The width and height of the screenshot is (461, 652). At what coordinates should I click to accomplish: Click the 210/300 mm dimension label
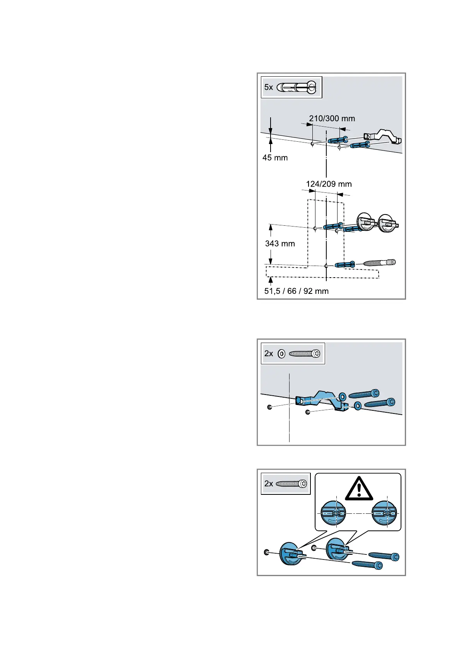[332, 118]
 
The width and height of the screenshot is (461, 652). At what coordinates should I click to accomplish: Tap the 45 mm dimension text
[275, 158]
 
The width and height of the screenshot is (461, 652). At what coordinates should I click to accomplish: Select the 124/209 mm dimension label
[329, 184]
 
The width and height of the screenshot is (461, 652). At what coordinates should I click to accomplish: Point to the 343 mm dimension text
[280, 244]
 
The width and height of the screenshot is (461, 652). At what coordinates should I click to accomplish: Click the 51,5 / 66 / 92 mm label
[296, 291]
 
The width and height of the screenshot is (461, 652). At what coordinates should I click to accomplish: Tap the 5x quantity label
[269, 87]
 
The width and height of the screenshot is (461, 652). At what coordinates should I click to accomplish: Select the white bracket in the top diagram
[382, 137]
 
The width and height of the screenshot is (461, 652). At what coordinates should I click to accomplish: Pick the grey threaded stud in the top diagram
[379, 263]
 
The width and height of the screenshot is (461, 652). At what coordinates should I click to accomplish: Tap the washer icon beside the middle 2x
[281, 353]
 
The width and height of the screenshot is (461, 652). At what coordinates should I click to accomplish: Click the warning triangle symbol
[359, 489]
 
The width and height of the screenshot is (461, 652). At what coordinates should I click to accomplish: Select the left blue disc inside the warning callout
[333, 513]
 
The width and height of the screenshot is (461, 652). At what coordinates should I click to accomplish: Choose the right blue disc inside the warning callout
[384, 513]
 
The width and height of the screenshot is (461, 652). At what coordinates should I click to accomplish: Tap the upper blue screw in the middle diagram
[364, 394]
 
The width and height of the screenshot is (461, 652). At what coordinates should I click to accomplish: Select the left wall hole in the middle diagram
[269, 407]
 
